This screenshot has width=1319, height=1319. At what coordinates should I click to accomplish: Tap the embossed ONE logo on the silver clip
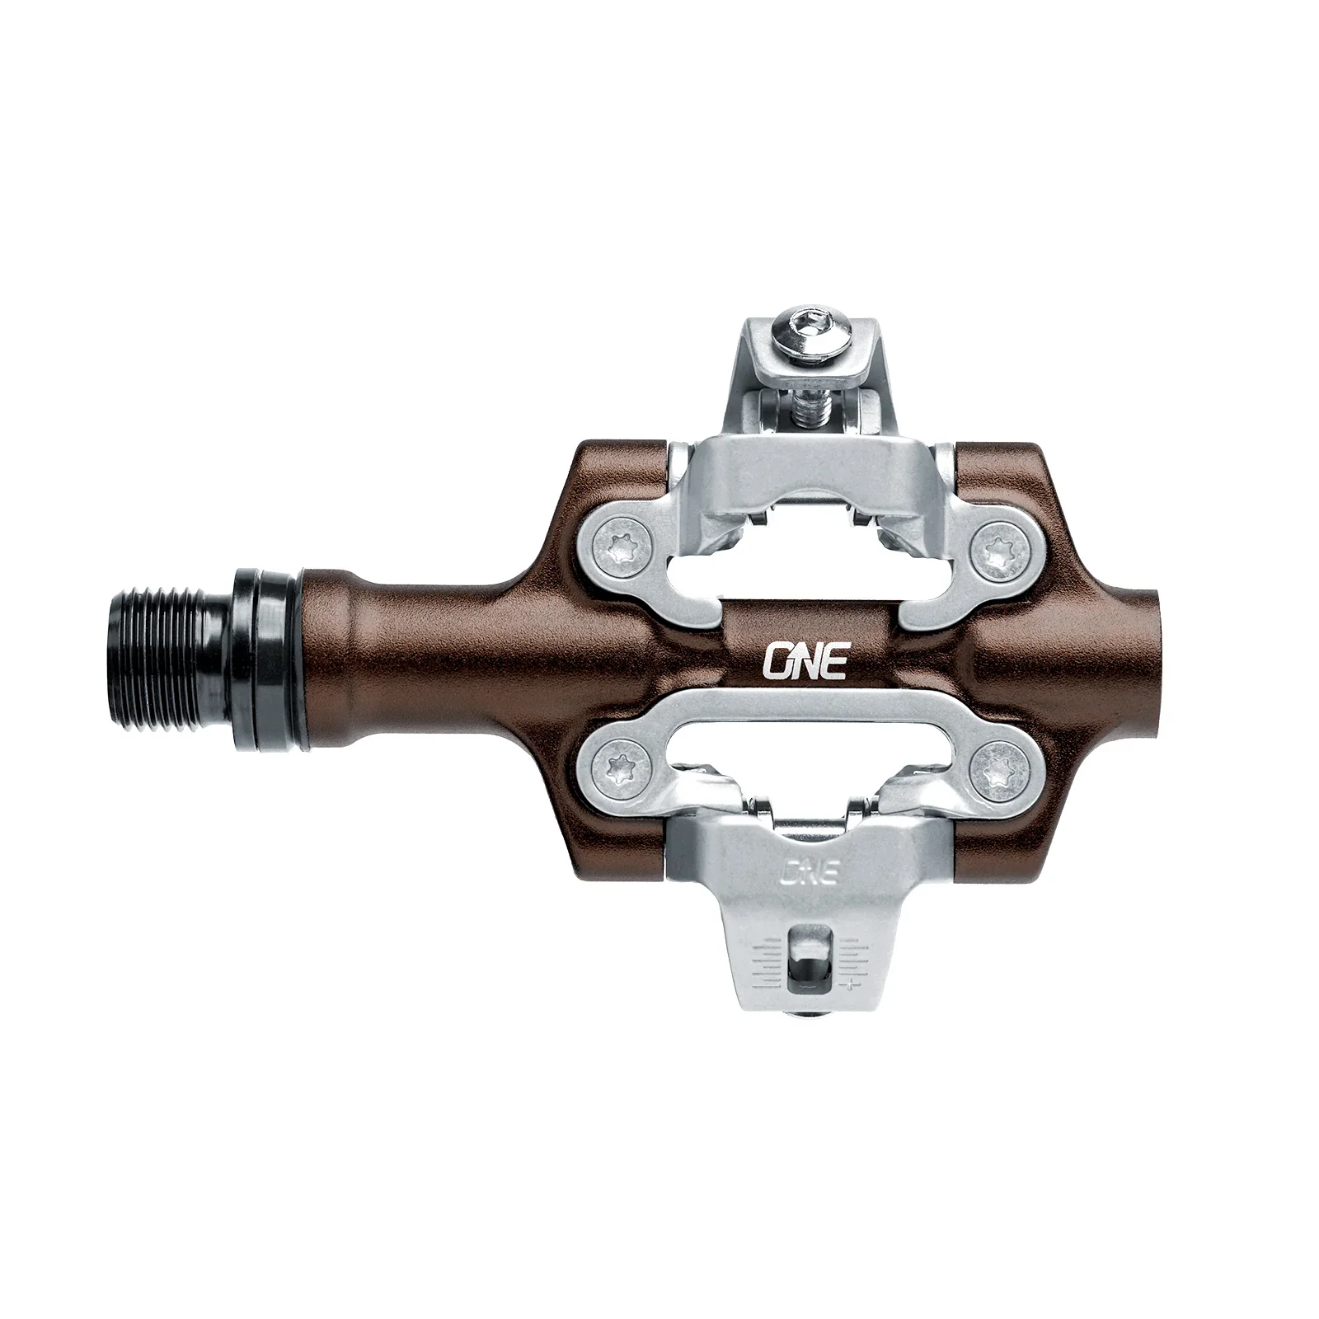click(x=808, y=871)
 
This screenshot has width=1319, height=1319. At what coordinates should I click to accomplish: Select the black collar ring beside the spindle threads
click(x=268, y=659)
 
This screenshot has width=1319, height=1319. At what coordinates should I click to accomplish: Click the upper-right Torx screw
click(x=1000, y=548)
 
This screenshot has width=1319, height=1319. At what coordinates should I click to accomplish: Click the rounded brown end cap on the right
click(x=1142, y=659)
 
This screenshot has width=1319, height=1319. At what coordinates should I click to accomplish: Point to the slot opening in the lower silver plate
click(x=804, y=746)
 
